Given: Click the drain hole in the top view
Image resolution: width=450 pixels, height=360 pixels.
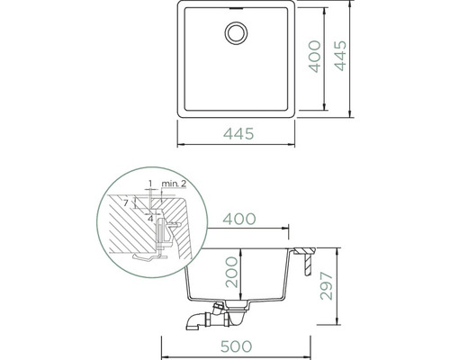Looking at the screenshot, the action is (236, 33).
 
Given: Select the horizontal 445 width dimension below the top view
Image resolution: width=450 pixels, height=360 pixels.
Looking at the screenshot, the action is (238, 134).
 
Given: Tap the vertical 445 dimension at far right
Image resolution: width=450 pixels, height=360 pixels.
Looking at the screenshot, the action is (340, 56).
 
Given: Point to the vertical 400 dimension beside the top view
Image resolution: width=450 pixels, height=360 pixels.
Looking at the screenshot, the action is (315, 57).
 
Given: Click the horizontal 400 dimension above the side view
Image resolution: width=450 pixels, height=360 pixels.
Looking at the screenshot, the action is (239, 219).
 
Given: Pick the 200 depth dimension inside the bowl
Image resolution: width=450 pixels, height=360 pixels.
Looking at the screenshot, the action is (232, 273).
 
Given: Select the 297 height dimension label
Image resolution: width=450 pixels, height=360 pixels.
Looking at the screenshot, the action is (327, 286).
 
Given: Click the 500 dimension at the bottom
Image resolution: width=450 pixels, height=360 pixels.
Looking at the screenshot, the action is (237, 346).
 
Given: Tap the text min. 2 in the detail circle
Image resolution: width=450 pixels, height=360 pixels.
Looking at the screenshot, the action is (174, 184).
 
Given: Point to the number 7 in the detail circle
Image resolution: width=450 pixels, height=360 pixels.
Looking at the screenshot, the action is (126, 203).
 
